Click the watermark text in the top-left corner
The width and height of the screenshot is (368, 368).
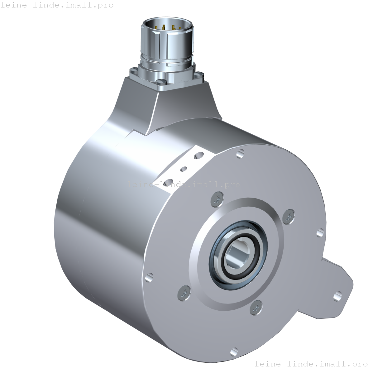pos(57,5)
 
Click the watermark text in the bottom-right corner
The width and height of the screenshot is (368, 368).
pos(311,363)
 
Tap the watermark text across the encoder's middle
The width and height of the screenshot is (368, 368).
pos(184,184)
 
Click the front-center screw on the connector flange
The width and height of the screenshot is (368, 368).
pos(161,82)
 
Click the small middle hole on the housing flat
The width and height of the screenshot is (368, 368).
pos(184,169)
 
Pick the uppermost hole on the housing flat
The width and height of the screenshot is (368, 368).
pos(197,155)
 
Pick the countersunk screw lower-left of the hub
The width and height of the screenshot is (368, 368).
pos(184,292)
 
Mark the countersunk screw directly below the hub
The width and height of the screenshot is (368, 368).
pos(256,308)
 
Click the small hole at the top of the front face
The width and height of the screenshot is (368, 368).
pos(240,153)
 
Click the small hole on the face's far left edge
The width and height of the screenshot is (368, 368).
pos(149,277)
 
